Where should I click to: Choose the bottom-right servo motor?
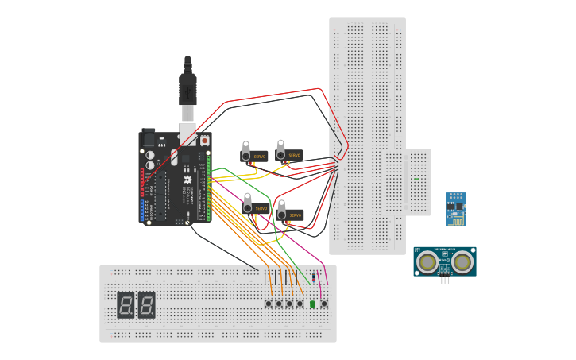click(x=290, y=214)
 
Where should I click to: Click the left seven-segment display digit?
click(x=126, y=305)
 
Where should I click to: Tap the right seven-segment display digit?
click(x=146, y=305)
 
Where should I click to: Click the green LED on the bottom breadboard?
click(x=312, y=304)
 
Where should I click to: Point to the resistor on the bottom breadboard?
click(x=315, y=277)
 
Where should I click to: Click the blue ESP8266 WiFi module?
click(x=455, y=209)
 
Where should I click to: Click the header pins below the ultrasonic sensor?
click(x=445, y=280)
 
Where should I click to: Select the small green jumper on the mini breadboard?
click(x=416, y=179)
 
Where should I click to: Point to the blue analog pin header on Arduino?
click(x=144, y=211)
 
